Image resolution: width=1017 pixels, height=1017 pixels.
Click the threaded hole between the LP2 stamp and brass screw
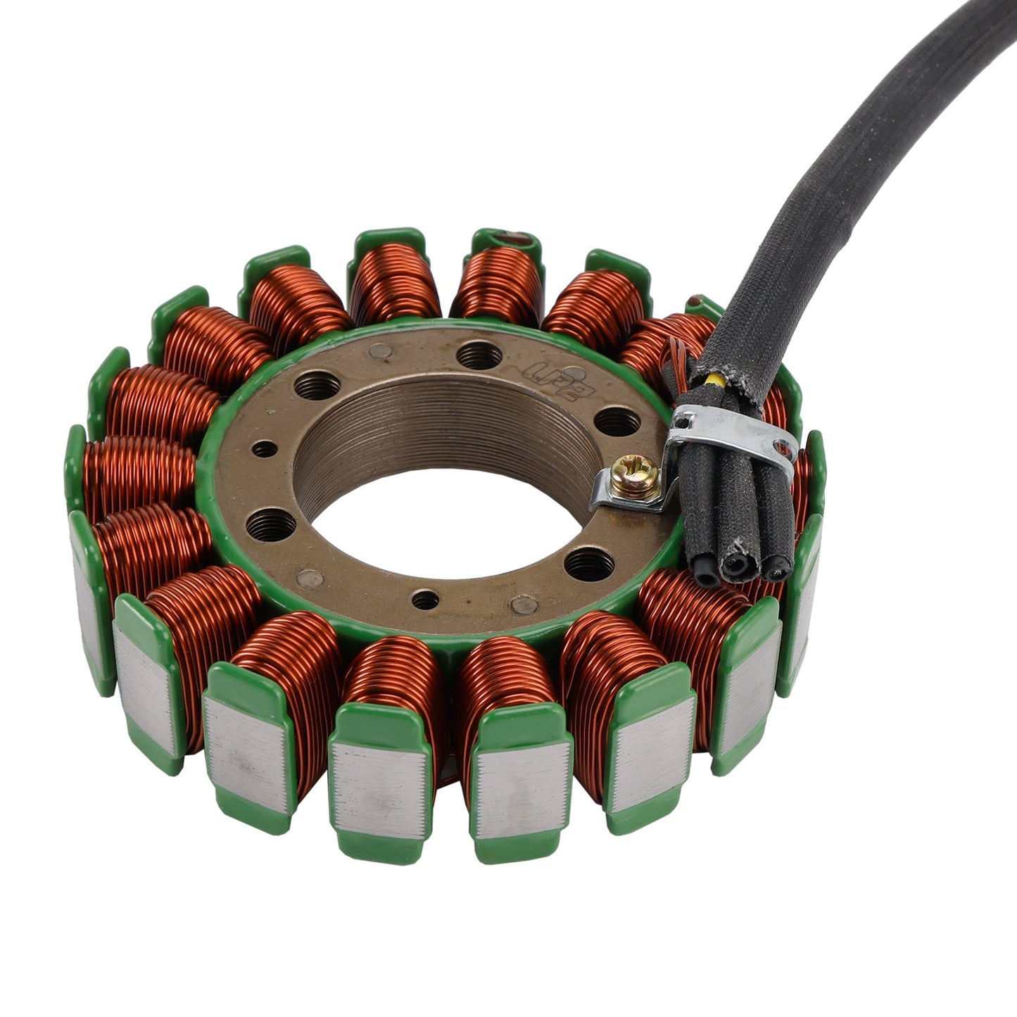pyautogui.click(x=617, y=423)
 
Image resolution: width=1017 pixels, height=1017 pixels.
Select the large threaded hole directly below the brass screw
pyautogui.click(x=589, y=564)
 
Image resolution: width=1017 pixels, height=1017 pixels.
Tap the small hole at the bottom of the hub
pyautogui.click(x=425, y=600)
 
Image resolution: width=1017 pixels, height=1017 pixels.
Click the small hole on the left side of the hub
pyautogui.click(x=264, y=448)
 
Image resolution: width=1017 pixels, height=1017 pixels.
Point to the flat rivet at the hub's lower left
pyautogui.click(x=310, y=579)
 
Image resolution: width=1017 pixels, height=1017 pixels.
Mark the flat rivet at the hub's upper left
pyautogui.click(x=381, y=350)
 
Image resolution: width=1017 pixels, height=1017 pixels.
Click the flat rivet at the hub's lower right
pyautogui.click(x=524, y=605)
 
